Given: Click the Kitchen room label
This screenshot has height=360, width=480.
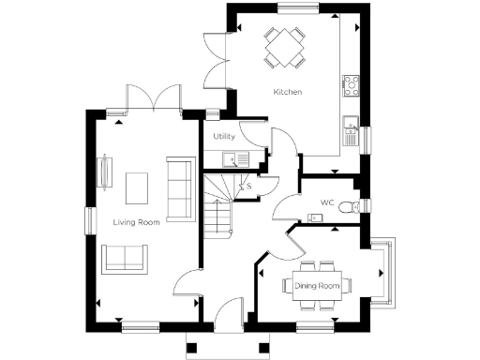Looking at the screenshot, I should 287,92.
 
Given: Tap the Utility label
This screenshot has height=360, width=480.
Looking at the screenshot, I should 224,137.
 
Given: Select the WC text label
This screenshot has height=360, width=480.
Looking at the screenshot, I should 327,202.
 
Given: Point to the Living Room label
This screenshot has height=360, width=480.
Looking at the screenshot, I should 136,222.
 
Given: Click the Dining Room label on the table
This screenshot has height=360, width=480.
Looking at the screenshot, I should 318,285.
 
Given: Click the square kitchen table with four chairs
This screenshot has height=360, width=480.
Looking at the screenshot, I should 284,46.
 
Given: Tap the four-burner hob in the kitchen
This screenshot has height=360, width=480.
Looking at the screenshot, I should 352,86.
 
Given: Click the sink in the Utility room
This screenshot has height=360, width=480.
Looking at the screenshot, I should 242,158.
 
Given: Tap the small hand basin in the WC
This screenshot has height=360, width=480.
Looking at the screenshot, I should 316,218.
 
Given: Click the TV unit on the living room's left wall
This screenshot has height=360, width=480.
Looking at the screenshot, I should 102,173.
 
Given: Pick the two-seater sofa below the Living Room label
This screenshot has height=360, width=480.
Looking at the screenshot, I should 124,258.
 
